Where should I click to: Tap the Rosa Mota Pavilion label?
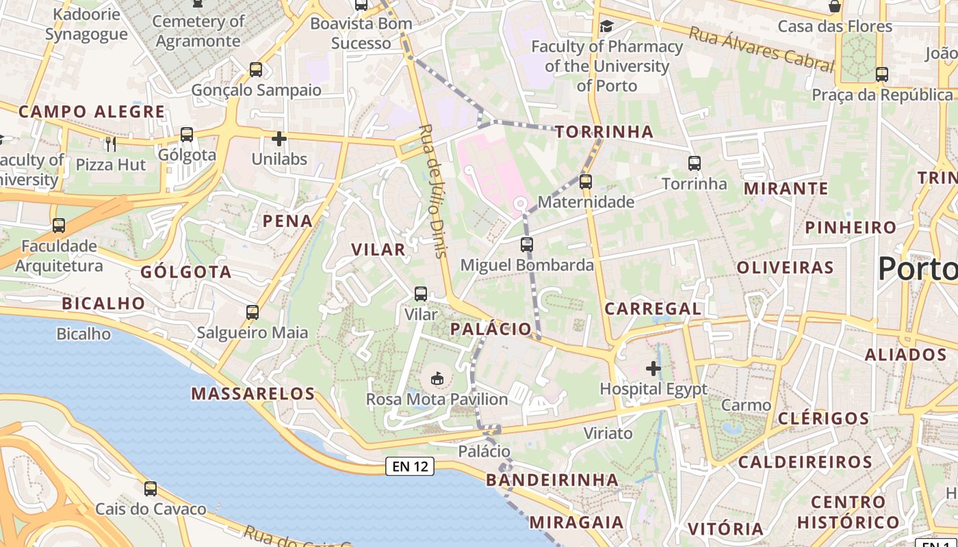coord(437,399)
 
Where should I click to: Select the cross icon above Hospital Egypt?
coord(653,369)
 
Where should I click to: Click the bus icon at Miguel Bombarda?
coord(526,244)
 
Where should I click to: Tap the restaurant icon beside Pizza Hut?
coord(111,144)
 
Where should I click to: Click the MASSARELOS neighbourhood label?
coord(253,394)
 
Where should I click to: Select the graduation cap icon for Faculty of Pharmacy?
coord(606,27)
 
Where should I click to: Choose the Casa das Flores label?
coord(835,27)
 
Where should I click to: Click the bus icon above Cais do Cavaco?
coord(151,489)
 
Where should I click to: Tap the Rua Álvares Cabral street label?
coord(761,49)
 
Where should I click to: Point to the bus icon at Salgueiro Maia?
coord(253,312)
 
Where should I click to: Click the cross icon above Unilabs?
coord(279,139)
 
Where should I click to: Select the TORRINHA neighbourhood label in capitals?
coord(604,132)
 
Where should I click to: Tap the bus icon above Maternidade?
coord(585,182)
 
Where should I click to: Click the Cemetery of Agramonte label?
coord(198,31)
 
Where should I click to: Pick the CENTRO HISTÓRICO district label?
coord(848,512)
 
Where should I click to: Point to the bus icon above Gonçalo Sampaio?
coord(255,69)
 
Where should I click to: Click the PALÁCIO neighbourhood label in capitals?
coord(491,329)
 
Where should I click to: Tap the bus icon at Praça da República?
coord(881,75)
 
